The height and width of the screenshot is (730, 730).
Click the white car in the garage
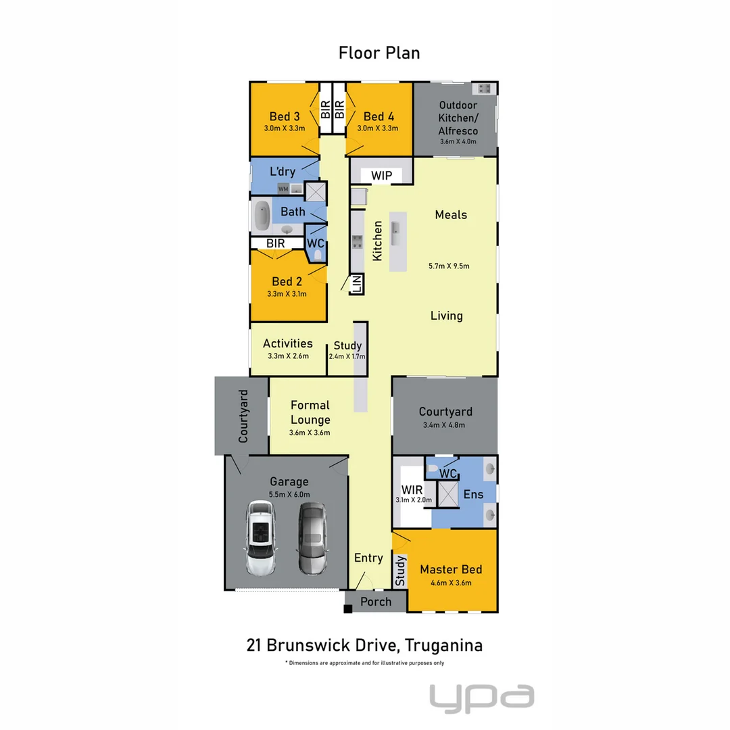(x=261, y=538)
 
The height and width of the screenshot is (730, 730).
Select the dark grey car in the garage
(x=312, y=538)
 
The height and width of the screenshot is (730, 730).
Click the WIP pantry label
(x=381, y=176)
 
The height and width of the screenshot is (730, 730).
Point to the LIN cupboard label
(x=356, y=284)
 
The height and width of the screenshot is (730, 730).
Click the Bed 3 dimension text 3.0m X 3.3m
(x=284, y=128)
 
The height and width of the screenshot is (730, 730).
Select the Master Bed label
(x=451, y=570)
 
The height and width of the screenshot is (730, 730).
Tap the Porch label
(x=376, y=602)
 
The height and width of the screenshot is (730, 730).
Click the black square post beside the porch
(x=348, y=609)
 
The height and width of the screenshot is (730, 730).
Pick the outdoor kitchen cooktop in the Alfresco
(x=484, y=89)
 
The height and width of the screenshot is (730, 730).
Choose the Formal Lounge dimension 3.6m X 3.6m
(x=310, y=433)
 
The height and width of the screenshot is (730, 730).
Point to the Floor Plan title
(x=379, y=53)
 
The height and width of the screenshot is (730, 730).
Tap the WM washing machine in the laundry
(x=283, y=189)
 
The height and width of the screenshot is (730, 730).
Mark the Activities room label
(x=287, y=343)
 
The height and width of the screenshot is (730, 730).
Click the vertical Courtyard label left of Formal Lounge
(x=243, y=416)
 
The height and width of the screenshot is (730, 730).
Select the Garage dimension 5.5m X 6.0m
(x=289, y=494)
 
